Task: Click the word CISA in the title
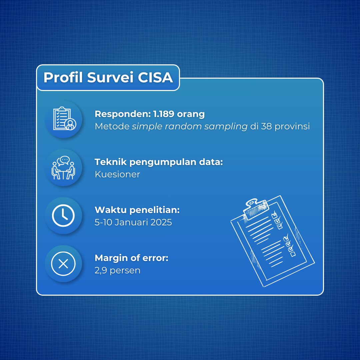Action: click(x=155, y=77)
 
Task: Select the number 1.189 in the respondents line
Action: click(x=164, y=114)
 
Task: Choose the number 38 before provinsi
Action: click(x=266, y=126)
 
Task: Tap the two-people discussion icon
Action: click(x=63, y=168)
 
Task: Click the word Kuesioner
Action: click(x=117, y=174)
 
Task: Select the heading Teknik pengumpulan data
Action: click(x=159, y=162)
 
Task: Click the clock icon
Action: click(x=63, y=216)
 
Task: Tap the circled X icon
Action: click(x=63, y=264)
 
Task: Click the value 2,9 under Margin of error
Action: click(x=101, y=270)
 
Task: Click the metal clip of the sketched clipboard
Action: click(x=255, y=208)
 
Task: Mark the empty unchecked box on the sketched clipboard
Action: click(x=293, y=254)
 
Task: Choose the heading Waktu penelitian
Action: click(x=137, y=210)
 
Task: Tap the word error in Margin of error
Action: click(x=155, y=258)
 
